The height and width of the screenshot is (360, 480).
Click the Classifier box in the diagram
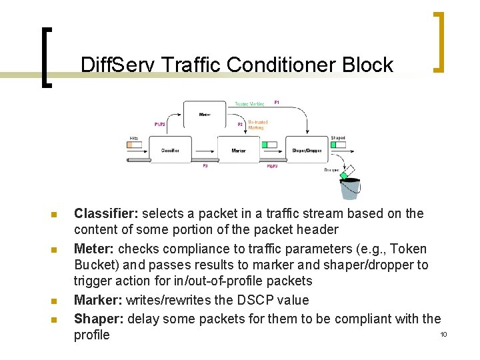click(170, 150)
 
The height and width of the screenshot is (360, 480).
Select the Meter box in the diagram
click(205, 115)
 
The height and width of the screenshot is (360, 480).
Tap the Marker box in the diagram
click(239, 150)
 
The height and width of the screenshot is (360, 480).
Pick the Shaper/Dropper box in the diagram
click(307, 150)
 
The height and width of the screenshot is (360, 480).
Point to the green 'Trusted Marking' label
click(250, 104)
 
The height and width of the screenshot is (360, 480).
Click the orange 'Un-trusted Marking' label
click(257, 125)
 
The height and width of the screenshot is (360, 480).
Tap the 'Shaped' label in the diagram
click(338, 138)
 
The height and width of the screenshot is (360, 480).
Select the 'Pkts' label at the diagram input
click(134, 138)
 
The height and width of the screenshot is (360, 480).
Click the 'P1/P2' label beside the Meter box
click(160, 124)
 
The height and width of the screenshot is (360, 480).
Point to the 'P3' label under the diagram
click(205, 166)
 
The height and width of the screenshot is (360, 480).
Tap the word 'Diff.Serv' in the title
click(119, 65)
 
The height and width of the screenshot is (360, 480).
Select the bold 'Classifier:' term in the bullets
click(106, 213)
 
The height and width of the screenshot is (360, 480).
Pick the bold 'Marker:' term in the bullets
click(97, 300)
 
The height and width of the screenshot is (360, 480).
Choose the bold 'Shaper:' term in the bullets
click(99, 319)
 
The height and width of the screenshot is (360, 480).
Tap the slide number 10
click(443, 333)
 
